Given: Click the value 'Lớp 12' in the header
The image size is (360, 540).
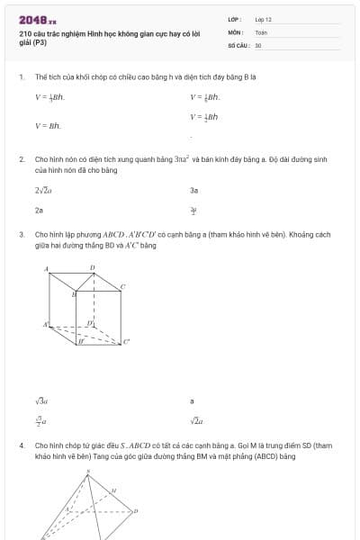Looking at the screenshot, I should point(263,19).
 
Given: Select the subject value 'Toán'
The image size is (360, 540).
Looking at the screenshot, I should point(261,31).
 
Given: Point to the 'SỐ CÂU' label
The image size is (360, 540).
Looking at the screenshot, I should point(238,44).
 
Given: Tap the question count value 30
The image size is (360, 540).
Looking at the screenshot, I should point(258,44).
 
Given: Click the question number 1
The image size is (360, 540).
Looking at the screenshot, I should point(21,77).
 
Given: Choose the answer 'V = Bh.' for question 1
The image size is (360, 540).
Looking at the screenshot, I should point(48,126).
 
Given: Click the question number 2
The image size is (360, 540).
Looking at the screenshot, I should point(21,158).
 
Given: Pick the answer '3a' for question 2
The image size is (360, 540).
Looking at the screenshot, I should point(193,191).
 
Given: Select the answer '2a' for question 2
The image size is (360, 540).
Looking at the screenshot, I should point(39,210).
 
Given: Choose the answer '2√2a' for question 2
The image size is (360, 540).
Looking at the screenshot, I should point(43,191).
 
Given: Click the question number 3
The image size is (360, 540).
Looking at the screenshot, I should point(21,234).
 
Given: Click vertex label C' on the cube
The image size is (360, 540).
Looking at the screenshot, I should point(126,341).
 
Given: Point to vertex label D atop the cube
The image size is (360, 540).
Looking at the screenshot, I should point(92,267).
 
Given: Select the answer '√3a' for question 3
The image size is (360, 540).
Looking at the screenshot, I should point(41,400).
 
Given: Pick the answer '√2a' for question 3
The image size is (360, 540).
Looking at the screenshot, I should point(196,419).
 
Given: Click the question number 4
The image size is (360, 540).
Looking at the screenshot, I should point(21,445).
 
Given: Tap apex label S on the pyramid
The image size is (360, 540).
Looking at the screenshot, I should point(88,471).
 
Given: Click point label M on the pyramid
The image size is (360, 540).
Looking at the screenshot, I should point(113,490).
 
